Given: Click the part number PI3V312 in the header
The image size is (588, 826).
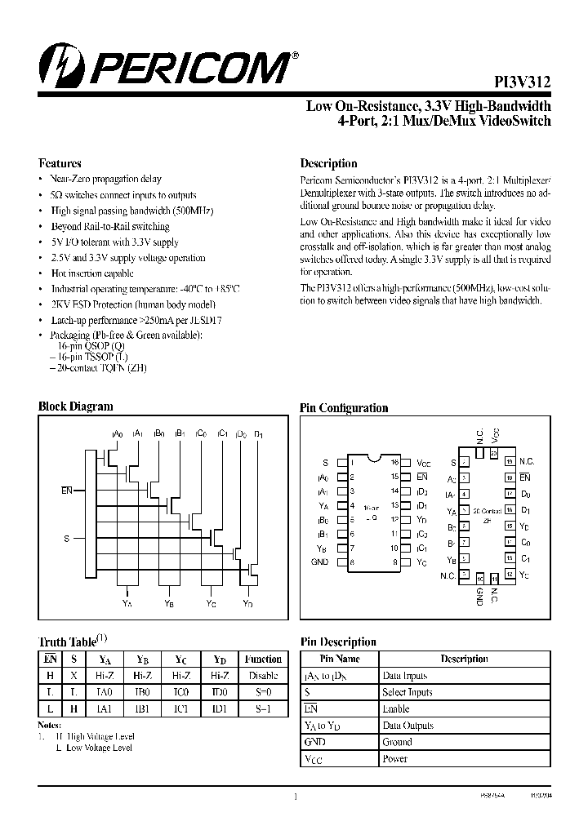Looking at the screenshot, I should point(523,82).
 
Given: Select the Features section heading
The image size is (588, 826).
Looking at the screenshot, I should point(60,163).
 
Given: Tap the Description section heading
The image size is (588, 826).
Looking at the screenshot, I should point(328,163).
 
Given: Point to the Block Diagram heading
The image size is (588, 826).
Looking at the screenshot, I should point(76,406).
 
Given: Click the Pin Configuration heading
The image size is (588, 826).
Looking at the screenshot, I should point(344,408).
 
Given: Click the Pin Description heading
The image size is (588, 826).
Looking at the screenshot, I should point(338,642).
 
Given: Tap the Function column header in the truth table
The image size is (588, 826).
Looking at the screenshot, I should point(263,659).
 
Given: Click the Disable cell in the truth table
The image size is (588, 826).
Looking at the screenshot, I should point(263,676).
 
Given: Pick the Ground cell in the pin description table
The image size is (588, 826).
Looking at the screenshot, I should point(397,742).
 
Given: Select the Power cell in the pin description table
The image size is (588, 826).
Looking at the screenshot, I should point(394,759).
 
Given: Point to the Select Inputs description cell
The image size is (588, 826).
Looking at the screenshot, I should point(408,692).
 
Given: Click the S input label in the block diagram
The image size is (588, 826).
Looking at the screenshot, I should point(66,539).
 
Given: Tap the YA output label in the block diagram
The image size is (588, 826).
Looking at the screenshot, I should point(127,604).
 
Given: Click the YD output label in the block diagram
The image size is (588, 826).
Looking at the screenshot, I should point(247,604).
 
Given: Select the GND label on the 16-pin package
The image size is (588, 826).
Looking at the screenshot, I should point(319,562).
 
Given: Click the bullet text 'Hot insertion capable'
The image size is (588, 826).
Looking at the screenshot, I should point(92,273).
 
